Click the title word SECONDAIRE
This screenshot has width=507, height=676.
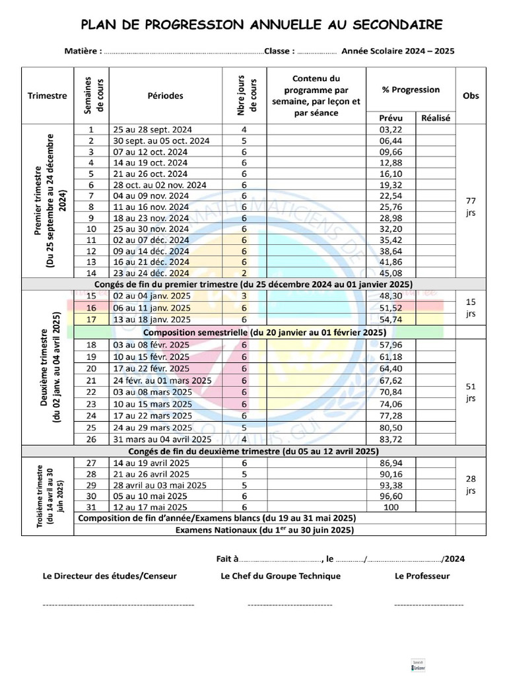392,25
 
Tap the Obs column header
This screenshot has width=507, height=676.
471,96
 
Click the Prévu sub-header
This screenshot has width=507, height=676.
391,118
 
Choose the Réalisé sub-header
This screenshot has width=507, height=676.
435,118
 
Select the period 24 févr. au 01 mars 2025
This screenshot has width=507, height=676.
162,380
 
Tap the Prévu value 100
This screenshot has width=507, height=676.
391,507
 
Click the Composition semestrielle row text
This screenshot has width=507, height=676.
264,332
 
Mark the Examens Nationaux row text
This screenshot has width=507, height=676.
264,529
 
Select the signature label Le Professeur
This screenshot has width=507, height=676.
422,576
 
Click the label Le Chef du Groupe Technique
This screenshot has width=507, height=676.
281,576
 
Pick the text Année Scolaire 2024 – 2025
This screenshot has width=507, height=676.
398,51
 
